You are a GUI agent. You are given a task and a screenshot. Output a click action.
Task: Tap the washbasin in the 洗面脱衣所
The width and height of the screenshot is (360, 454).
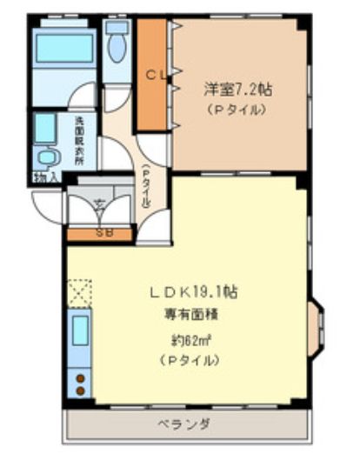coord(49,157)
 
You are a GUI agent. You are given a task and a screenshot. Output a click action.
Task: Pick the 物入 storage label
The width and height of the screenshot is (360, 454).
coord(45,178)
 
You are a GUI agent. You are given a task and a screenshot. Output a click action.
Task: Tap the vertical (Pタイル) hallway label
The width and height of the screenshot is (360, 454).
coord(144,184)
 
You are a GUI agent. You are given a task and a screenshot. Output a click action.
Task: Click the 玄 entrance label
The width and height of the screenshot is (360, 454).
coord(98,205)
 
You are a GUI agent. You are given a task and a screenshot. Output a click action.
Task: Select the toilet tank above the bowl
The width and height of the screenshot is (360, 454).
coord(117,27)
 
